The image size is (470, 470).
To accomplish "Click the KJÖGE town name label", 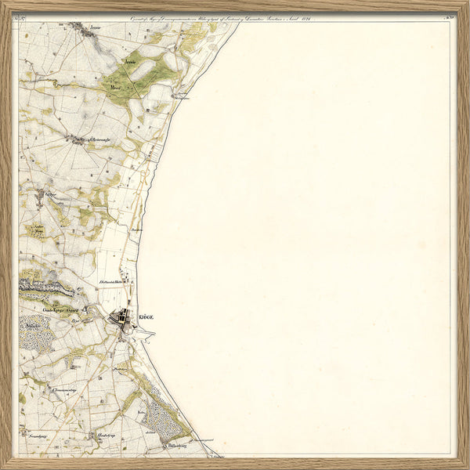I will [x=146, y=316].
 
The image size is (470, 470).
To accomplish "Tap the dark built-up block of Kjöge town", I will [x=123, y=318].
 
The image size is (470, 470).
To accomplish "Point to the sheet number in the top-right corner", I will [x=448, y=17].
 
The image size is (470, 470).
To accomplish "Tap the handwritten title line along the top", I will [x=235, y=17].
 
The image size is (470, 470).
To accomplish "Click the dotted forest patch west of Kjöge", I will [x=35, y=335].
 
